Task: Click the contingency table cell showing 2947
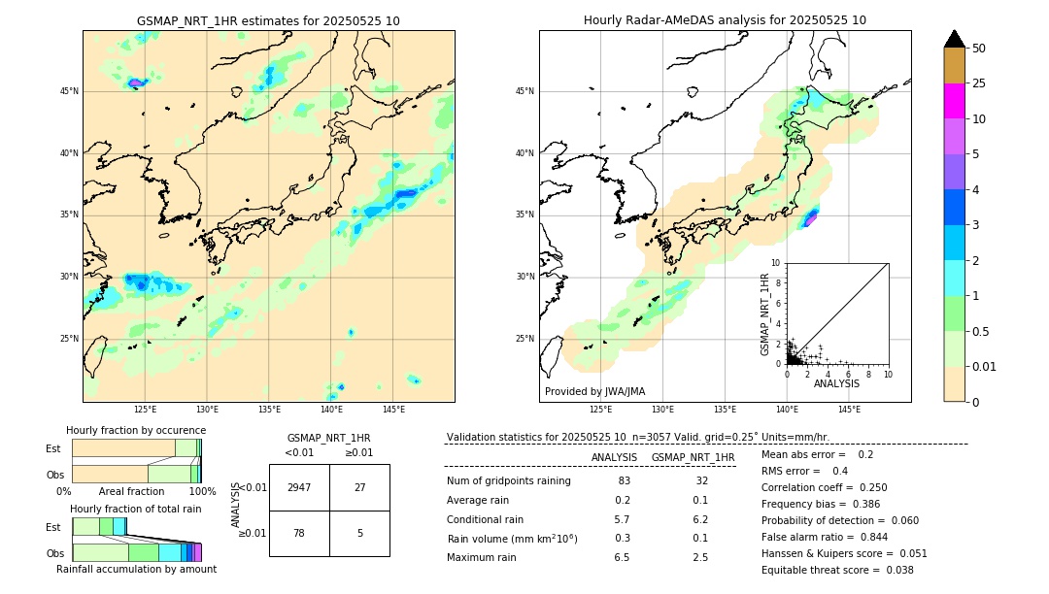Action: [299, 487]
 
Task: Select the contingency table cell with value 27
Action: [359, 487]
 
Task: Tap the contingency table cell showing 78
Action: [299, 533]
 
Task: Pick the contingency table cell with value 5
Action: [359, 533]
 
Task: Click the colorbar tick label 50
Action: [979, 49]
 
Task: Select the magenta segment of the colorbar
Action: [954, 101]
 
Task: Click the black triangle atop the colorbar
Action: [954, 39]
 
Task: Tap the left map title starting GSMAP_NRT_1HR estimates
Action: [268, 21]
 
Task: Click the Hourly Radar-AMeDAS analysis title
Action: [725, 20]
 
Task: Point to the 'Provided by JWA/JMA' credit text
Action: [594, 392]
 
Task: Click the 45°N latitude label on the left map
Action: [69, 91]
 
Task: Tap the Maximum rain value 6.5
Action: [623, 558]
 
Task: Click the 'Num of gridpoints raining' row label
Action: [509, 481]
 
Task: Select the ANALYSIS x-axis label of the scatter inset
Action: [836, 383]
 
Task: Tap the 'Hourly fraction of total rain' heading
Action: [135, 509]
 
